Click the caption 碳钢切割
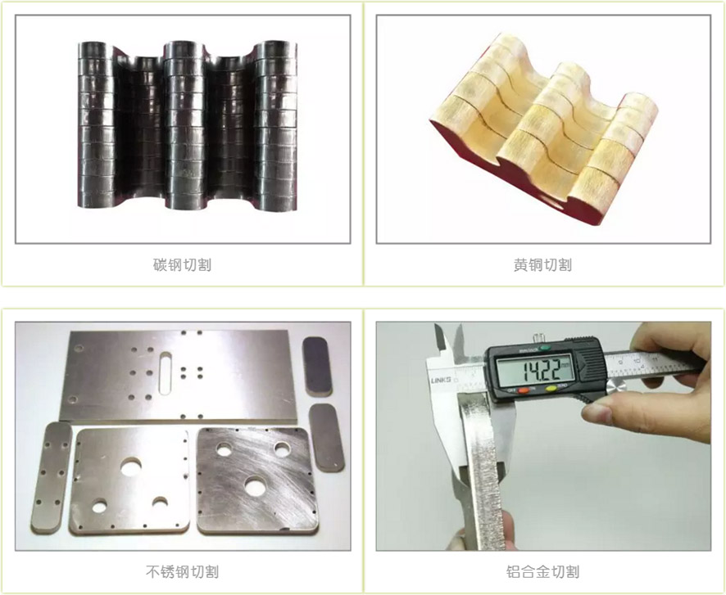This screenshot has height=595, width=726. pos(183,264)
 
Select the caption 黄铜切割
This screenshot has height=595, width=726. pos(542,264)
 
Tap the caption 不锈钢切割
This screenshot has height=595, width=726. pos(182,571)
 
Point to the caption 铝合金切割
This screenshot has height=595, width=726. pos(542,571)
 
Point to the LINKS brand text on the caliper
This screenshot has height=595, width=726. pos(440,380)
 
